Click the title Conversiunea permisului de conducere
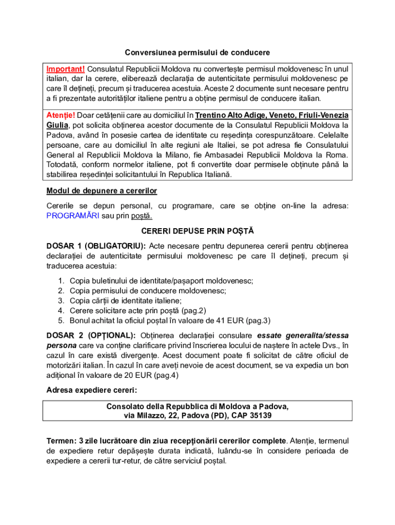coord(197,53)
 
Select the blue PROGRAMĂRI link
coord(73,215)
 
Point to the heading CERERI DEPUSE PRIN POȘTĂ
coord(197,231)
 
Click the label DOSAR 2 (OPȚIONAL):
coord(91,335)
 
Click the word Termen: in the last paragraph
coord(61,441)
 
